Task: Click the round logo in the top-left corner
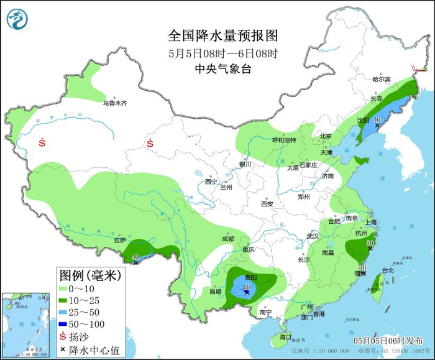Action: pos(18,19)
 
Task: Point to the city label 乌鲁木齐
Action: pos(114,103)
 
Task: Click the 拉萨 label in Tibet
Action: pos(119,239)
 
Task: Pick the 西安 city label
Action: pos(267,203)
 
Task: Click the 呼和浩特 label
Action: pos(285,140)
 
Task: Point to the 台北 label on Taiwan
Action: pos(388,270)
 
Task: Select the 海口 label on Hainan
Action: pos(285,336)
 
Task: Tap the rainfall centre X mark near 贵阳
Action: pos(247,291)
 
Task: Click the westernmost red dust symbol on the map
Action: pos(42,142)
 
